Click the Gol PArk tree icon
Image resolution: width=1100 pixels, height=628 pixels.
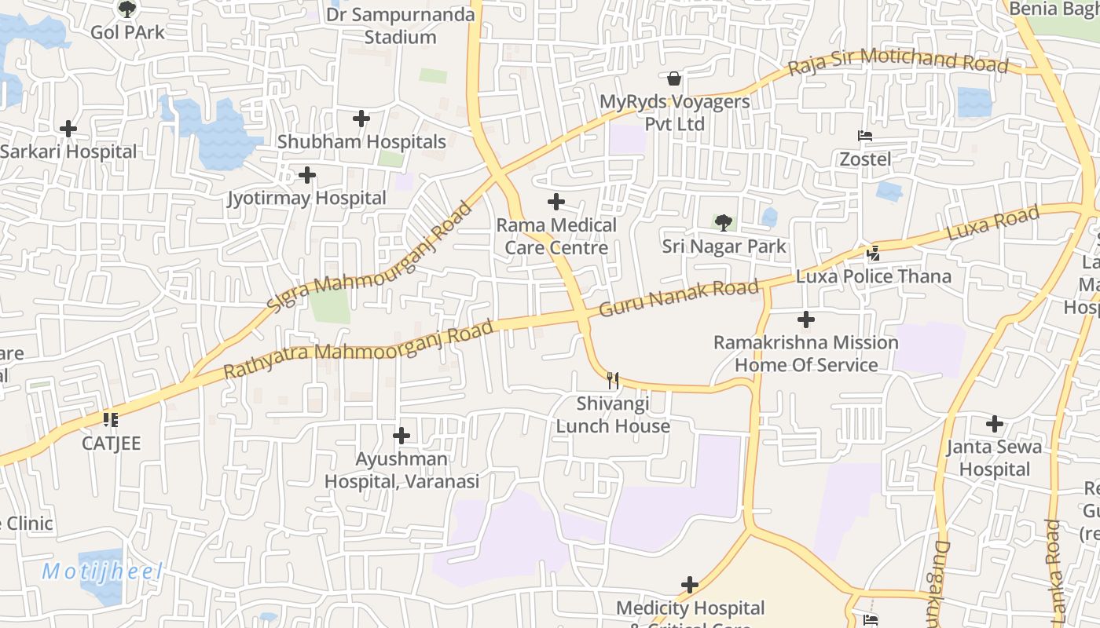(x=126, y=9)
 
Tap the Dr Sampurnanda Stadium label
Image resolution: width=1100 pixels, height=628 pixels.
(x=400, y=26)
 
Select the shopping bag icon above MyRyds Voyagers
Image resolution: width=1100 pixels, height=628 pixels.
(x=673, y=78)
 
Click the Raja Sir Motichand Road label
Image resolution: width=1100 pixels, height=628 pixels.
(x=897, y=61)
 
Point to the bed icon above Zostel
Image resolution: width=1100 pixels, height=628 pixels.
(x=865, y=136)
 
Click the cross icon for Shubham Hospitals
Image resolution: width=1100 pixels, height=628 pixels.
(x=361, y=119)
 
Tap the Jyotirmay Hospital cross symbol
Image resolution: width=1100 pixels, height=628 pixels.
(x=307, y=174)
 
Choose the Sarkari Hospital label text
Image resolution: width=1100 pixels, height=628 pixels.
(x=69, y=152)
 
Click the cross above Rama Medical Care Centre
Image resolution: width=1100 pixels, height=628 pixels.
(x=556, y=202)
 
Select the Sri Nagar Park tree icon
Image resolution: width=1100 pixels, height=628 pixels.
(x=723, y=222)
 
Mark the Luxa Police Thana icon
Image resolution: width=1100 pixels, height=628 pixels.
(x=873, y=253)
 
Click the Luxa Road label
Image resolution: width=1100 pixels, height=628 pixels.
(x=993, y=223)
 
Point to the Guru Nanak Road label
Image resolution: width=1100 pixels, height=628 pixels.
(x=679, y=298)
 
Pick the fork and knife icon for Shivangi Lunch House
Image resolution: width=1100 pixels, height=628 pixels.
(x=613, y=381)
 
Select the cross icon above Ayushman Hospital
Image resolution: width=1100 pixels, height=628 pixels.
(x=401, y=435)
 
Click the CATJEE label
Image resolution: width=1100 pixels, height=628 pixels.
(x=112, y=444)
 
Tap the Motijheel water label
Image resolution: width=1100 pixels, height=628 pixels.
(x=102, y=571)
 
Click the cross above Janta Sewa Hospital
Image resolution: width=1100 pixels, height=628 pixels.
(x=995, y=424)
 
